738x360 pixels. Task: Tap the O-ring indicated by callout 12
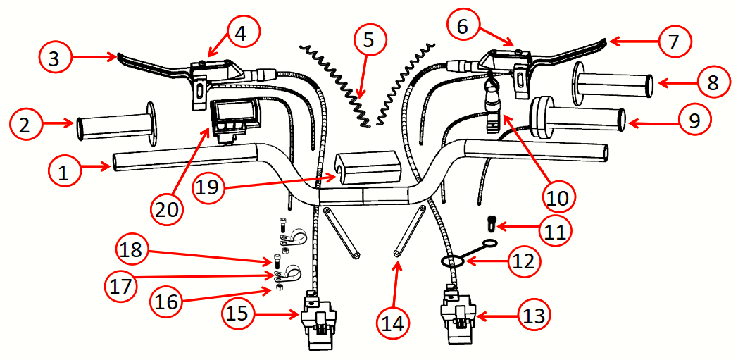click(x=453, y=261)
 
